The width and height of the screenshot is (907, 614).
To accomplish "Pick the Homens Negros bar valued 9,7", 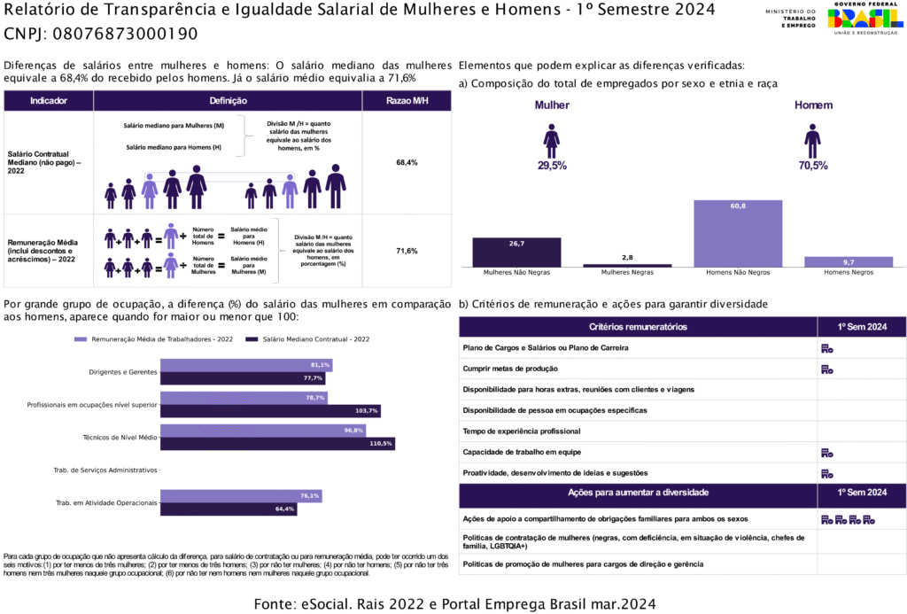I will tap(849, 261).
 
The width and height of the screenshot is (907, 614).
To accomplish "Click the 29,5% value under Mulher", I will tap(552, 166).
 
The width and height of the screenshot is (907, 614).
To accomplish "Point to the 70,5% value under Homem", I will tap(812, 166).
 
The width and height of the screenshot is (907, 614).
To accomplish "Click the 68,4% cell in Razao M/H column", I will tap(407, 163).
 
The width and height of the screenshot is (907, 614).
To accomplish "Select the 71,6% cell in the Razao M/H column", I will tap(407, 251).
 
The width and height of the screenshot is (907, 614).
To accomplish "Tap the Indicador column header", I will tap(49, 101).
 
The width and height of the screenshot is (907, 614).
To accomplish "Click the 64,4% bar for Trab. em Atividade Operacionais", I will tap(228, 509).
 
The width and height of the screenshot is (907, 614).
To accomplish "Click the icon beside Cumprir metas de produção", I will tap(826, 369).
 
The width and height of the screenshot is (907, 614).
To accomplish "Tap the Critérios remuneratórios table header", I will tap(637, 327).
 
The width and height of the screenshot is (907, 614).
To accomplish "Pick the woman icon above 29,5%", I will tap(552, 141).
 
